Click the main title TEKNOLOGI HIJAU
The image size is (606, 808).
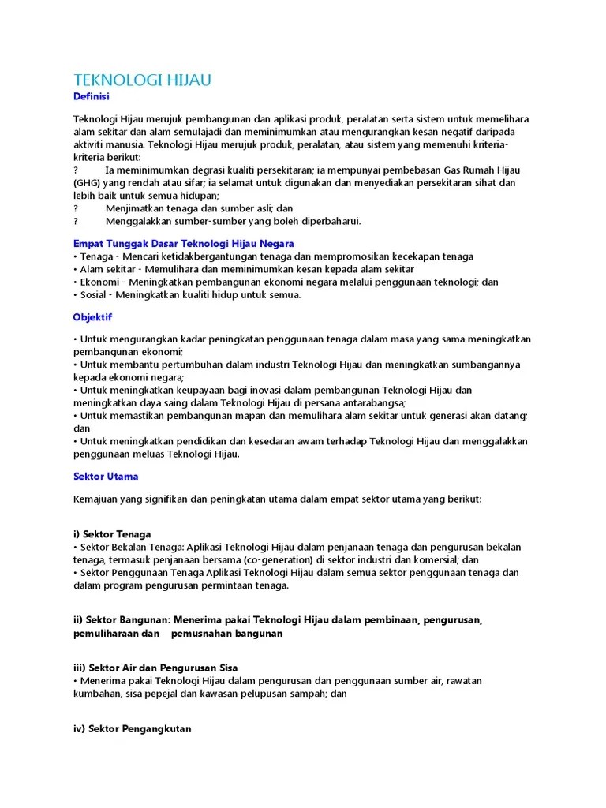click(142, 80)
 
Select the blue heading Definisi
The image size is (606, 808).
click(91, 96)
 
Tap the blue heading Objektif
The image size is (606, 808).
click(92, 317)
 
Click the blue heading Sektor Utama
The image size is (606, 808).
click(106, 477)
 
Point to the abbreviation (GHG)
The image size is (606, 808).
click(88, 182)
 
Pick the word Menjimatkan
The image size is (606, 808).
click(136, 208)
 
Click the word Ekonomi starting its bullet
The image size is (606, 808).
click(100, 282)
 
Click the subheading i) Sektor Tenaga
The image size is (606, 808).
click(111, 534)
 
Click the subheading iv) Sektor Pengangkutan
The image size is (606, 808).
click(132, 729)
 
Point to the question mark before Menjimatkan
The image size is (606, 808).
click(77, 208)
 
